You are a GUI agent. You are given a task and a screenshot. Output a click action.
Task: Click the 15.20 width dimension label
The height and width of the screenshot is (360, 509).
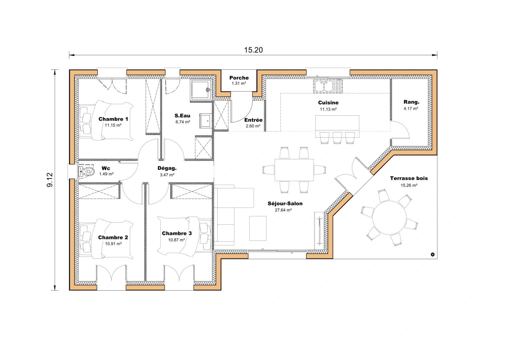pyautogui.click(x=253, y=50)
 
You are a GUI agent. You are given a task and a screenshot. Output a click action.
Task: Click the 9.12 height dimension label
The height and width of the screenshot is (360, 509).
pyautogui.click(x=50, y=180)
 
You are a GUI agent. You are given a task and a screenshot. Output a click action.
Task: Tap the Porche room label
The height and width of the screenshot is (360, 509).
pyautogui.click(x=239, y=78)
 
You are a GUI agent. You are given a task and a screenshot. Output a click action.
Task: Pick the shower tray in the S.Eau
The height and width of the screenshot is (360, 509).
pyautogui.click(x=201, y=90)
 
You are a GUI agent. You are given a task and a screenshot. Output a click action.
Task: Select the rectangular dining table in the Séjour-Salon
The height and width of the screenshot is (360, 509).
pyautogui.click(x=294, y=170)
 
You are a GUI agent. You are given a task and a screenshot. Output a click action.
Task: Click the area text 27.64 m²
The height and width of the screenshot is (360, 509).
pyautogui.click(x=283, y=210)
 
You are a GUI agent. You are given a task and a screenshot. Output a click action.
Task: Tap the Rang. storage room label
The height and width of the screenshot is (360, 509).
pyautogui.click(x=411, y=102)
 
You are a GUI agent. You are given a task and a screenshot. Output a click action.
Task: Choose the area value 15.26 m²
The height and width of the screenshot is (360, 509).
pyautogui.click(x=409, y=185)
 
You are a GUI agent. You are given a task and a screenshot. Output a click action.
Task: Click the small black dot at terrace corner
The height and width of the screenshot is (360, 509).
pyautogui.click(x=433, y=254)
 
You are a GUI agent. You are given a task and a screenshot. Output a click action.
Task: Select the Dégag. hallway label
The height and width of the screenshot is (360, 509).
pyautogui.click(x=167, y=168)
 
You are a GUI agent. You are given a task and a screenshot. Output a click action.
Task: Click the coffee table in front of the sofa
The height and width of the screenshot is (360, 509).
pyautogui.click(x=258, y=228)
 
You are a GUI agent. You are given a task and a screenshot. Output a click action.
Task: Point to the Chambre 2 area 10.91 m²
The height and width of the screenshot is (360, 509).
pyautogui.click(x=113, y=244)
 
